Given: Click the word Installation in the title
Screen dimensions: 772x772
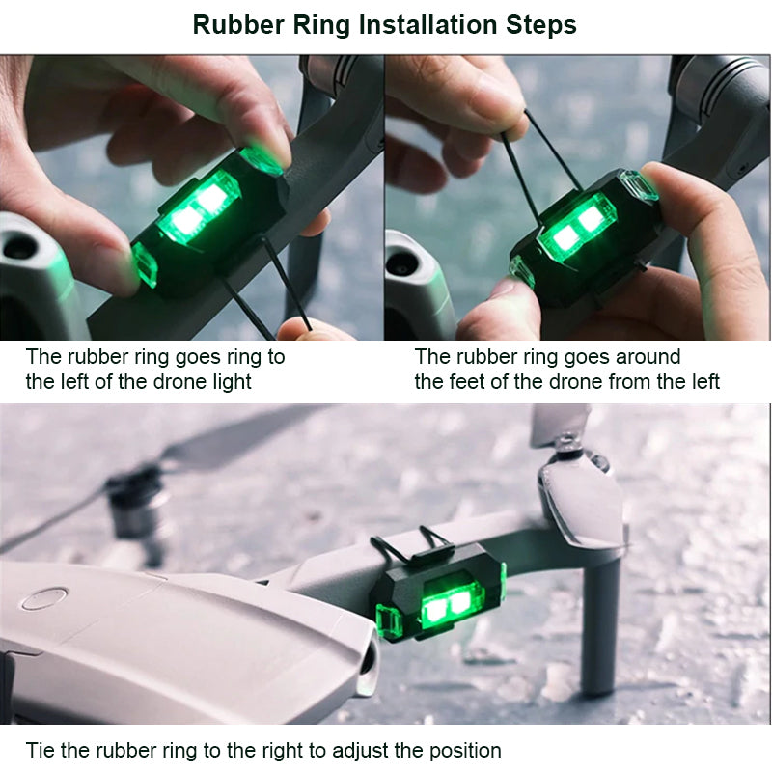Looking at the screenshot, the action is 427,25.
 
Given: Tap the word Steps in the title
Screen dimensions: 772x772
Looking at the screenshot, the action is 541,26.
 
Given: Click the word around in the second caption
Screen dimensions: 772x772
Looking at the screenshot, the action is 648,357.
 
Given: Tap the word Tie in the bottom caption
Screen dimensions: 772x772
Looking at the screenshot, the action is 41,751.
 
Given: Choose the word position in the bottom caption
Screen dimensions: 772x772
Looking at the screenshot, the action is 465,752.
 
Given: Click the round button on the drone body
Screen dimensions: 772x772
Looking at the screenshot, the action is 44,597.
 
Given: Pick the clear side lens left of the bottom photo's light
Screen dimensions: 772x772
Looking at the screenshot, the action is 390,621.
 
